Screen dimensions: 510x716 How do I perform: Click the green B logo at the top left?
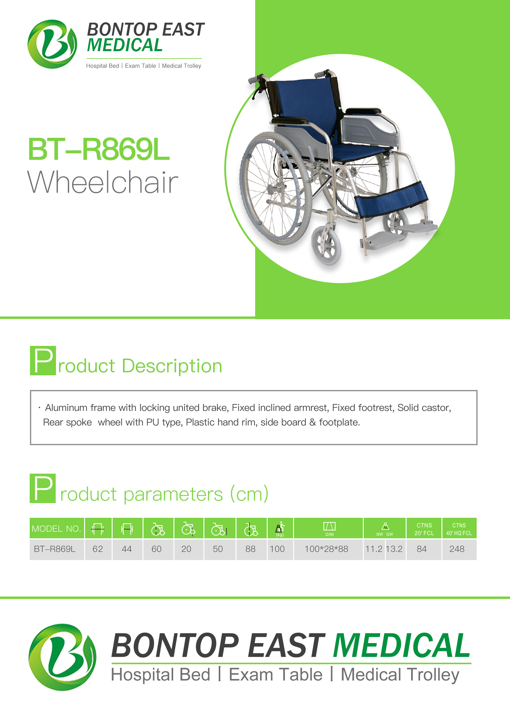[52, 44]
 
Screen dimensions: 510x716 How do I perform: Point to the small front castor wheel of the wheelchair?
[326, 245]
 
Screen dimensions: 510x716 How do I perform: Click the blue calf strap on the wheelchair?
[391, 199]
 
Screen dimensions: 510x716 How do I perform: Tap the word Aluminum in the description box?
[66, 407]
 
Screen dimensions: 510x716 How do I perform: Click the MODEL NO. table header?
[57, 528]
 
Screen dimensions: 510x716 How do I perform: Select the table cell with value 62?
[98, 549]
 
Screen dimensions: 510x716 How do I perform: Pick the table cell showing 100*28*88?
[327, 549]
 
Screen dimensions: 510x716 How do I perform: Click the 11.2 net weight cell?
[374, 549]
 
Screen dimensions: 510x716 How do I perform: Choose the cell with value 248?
[457, 549]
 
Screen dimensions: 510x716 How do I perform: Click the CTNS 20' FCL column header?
[424, 529]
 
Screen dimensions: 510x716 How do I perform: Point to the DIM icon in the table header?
[329, 529]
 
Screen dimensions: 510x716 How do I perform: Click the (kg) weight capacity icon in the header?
[280, 529]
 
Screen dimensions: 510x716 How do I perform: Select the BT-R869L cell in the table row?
[55, 549]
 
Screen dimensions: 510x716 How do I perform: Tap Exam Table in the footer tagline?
[276, 675]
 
